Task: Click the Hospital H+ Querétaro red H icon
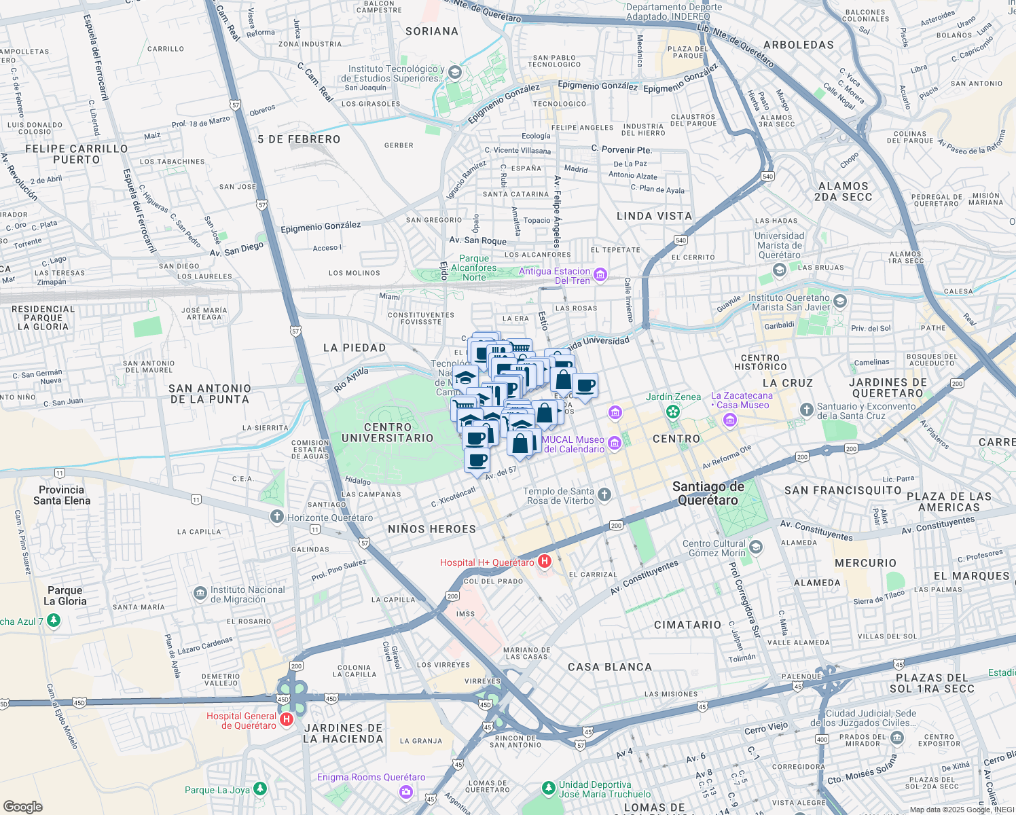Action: (544, 562)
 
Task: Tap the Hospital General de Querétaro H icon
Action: (287, 719)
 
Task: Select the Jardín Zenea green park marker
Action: (672, 412)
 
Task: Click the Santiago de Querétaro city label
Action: (708, 494)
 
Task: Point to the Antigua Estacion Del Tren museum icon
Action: (600, 275)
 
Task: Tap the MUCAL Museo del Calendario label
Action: (573, 444)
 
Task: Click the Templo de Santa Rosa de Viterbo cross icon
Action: (604, 495)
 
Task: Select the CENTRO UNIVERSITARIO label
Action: (387, 433)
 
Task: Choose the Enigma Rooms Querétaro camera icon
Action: (406, 791)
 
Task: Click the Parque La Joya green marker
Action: (259, 789)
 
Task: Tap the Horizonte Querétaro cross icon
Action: (276, 517)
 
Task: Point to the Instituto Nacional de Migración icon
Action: (200, 594)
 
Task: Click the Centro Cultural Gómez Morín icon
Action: (756, 547)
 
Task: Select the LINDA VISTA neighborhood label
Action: (654, 216)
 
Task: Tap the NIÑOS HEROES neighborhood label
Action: (432, 529)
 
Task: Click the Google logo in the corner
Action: (22, 806)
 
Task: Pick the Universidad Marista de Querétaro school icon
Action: (780, 270)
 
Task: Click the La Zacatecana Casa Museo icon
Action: (730, 420)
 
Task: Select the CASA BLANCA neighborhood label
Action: (609, 667)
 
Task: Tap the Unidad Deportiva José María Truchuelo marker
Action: (549, 789)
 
